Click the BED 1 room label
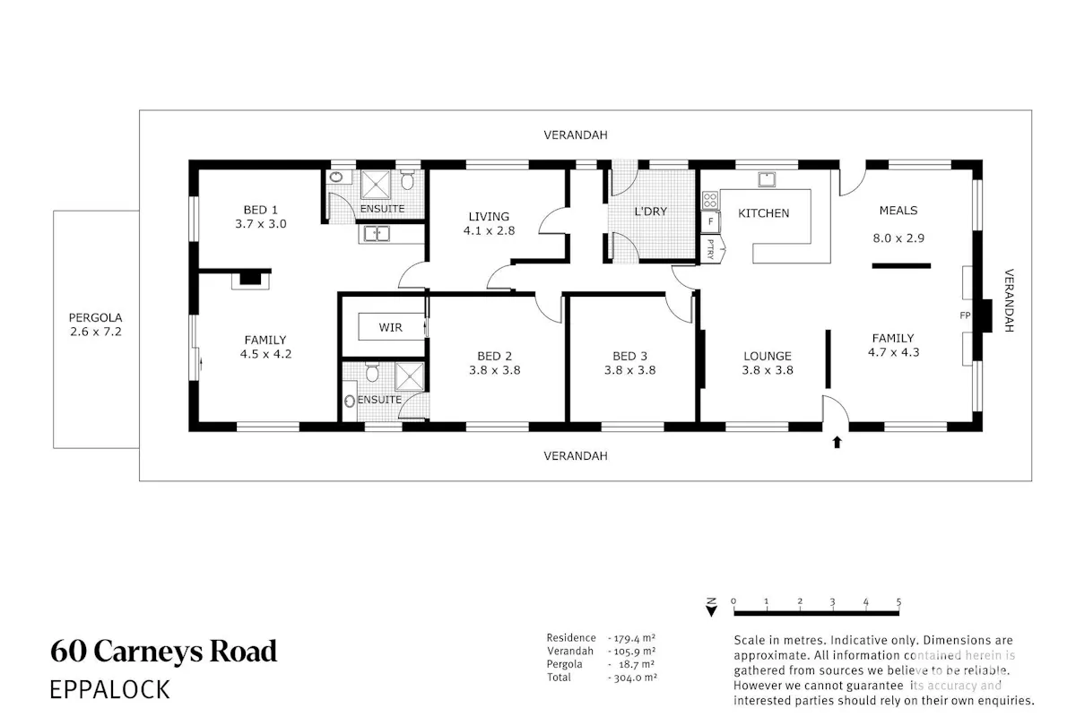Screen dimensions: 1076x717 [260, 210]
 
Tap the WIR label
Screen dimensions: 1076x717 [390, 327]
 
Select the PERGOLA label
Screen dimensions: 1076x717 [96, 317]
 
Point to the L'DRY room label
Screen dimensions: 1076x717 [650, 212]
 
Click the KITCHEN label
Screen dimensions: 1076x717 [763, 213]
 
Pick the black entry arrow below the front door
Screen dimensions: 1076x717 [837, 442]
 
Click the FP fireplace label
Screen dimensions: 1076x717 [965, 315]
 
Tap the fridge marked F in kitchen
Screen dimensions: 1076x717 [710, 222]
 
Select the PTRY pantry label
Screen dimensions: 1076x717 [711, 250]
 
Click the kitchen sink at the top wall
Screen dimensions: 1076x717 [766, 179]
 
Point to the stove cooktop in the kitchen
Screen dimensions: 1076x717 [710, 200]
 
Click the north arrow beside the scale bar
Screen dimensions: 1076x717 [711, 607]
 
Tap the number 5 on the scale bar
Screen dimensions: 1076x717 [898, 601]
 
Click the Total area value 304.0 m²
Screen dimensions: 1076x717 [632, 678]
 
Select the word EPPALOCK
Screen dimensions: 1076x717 [110, 689]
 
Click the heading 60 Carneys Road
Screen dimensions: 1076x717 [163, 652]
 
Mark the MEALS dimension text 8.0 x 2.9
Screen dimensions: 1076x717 [898, 238]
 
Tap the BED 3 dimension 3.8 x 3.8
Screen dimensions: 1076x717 [629, 370]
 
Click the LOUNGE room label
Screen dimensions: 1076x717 [768, 357]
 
